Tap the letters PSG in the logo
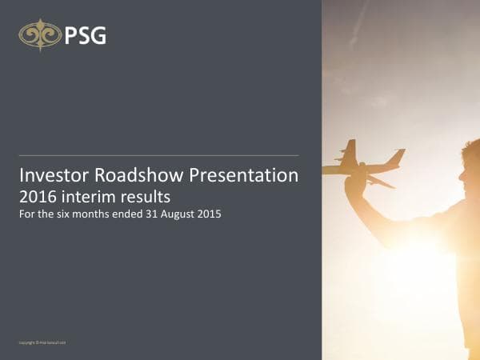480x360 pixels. (x=86, y=35)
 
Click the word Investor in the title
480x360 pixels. (x=51, y=175)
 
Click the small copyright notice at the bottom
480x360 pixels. (x=42, y=342)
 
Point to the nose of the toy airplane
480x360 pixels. (x=401, y=153)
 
